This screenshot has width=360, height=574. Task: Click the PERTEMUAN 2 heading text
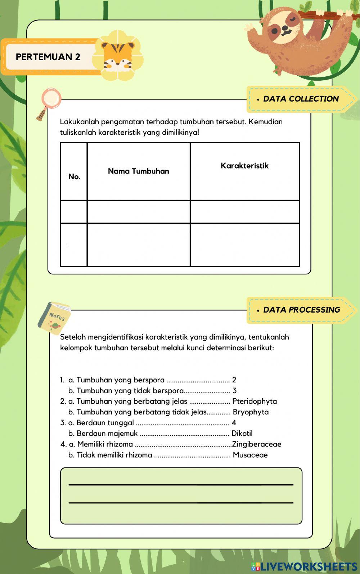[48, 57]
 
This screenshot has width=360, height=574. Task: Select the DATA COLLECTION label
[301, 99]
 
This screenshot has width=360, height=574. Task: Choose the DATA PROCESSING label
[301, 310]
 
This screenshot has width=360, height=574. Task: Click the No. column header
[74, 176]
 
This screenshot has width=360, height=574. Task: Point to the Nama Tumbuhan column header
[139, 171]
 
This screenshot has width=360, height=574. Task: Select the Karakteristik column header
[244, 166]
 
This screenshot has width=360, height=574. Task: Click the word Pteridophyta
[255, 401]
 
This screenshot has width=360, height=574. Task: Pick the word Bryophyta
[251, 412]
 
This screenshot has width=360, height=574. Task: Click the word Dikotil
[242, 433]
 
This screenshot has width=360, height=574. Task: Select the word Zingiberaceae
[257, 444]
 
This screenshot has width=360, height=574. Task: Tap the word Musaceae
[250, 455]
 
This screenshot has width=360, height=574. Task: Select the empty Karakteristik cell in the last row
[245, 245]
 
